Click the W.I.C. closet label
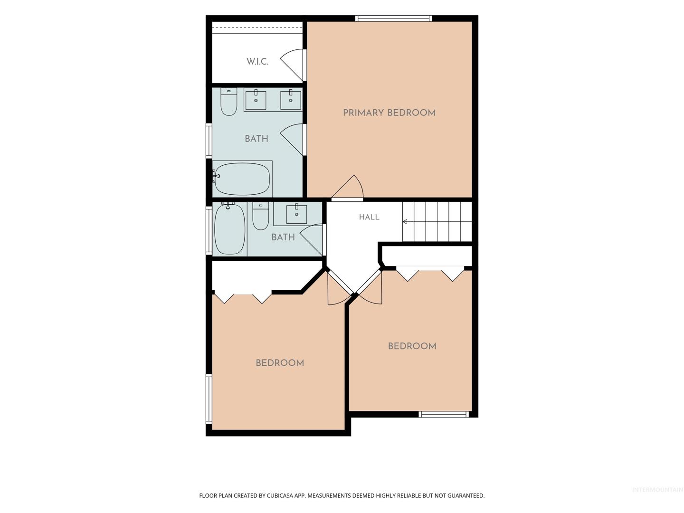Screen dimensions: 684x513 click(257, 61)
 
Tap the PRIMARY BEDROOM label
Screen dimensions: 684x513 click(389, 113)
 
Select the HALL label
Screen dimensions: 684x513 click(369, 217)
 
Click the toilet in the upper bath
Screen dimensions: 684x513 click(229, 102)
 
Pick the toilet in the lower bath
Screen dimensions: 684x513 click(260, 216)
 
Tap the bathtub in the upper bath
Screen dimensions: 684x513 click(242, 179)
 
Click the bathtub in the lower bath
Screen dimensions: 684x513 click(229, 228)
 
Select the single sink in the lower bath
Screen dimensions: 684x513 click(296, 214)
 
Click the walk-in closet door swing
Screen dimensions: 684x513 click(292, 65)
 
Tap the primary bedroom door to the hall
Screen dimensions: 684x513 click(348, 187)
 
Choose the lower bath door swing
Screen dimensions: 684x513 click(312, 240)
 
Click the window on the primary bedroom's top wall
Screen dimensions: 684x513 click(394, 19)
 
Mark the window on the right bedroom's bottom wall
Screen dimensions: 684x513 click(444, 414)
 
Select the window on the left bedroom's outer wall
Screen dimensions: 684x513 click(209, 399)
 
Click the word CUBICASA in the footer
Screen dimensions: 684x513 click(279, 495)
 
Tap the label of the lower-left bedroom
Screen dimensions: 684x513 click(280, 363)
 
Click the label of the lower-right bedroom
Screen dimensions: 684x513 click(412, 346)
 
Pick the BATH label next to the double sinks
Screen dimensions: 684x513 click(256, 139)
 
